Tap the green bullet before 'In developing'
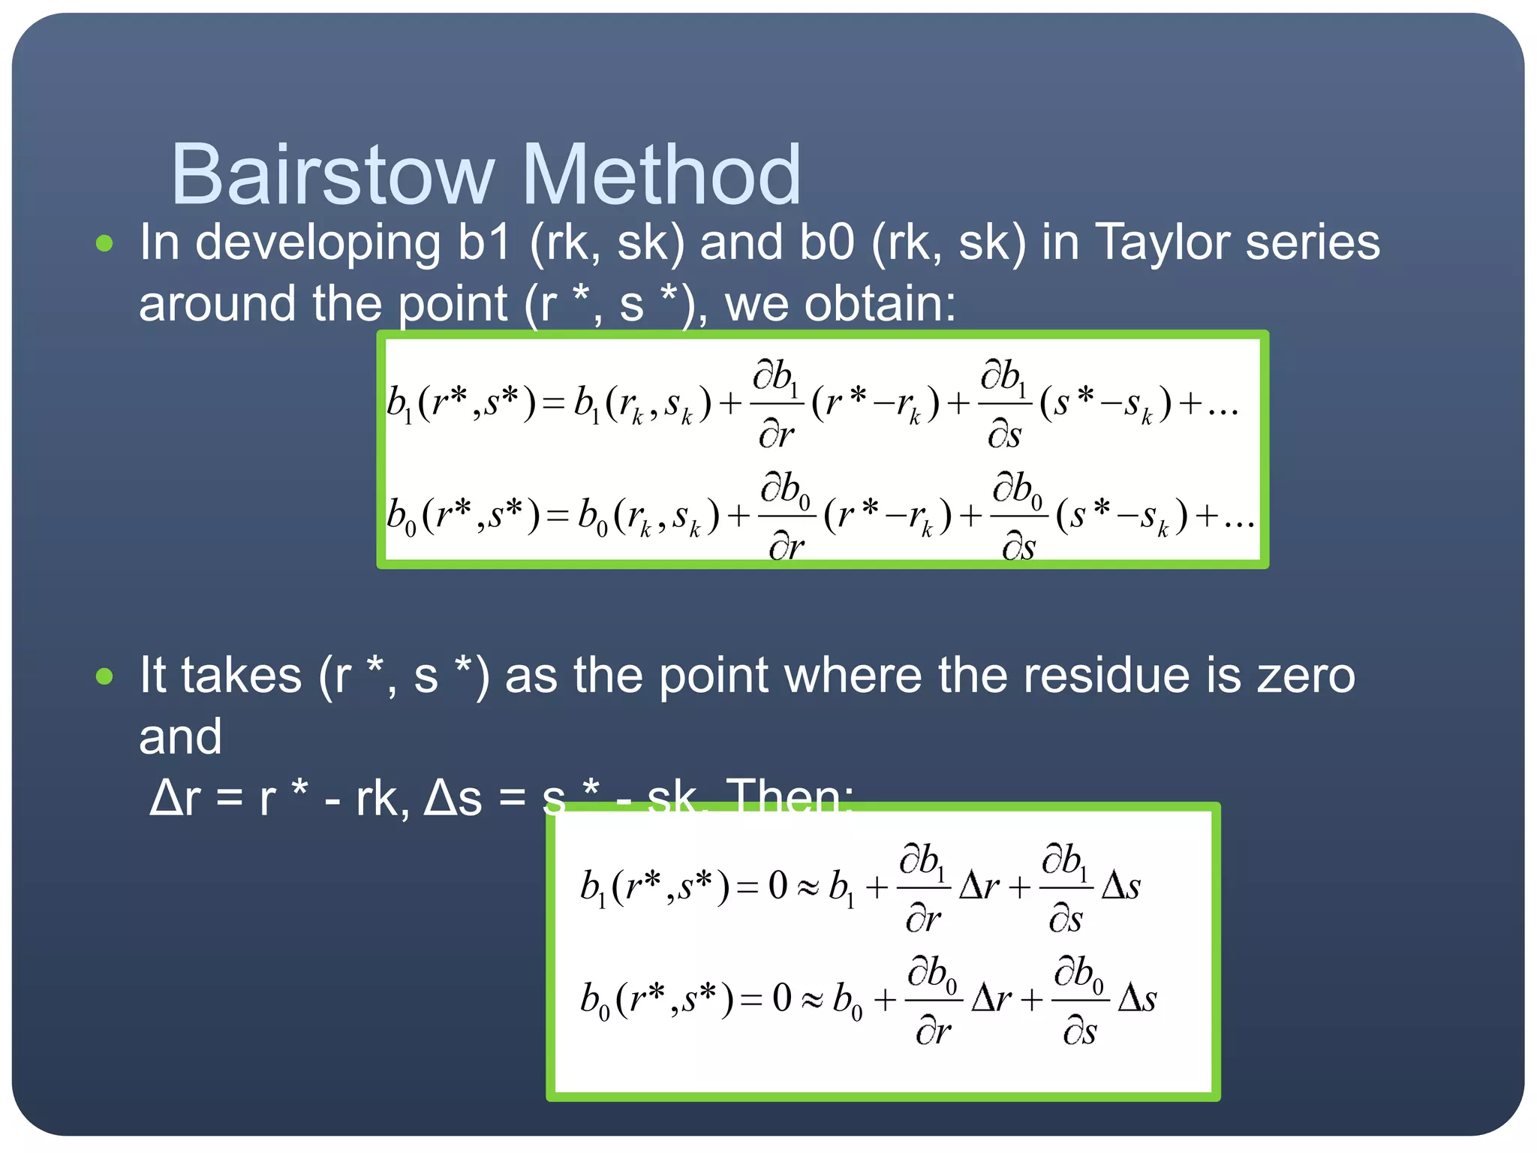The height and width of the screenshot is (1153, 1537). pos(104,243)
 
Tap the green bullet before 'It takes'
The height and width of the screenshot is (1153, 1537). pos(104,676)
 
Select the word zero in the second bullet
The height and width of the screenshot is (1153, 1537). pos(1306,675)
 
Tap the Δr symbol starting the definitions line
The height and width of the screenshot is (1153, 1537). pos(175,798)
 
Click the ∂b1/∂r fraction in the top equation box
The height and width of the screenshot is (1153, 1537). pos(776,405)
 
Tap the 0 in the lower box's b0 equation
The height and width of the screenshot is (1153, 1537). pos(782,998)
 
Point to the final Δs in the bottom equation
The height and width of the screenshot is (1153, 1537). pos(1137,999)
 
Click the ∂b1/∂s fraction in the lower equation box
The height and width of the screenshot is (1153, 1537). pos(1066,888)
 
